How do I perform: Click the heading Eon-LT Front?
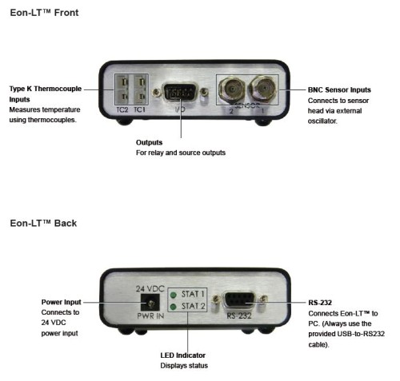[x=44, y=13]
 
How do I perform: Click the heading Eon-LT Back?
[x=43, y=223]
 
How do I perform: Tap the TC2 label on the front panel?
[x=122, y=109]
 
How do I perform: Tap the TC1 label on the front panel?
[x=139, y=109]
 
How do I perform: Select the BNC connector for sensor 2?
[x=232, y=89]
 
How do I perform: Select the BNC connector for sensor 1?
[x=263, y=88]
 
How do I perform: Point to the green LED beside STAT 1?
[x=174, y=295]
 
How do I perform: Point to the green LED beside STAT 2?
[x=174, y=307]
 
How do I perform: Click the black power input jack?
[x=150, y=302]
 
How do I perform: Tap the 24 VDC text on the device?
[x=150, y=288]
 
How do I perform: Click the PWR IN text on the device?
[x=150, y=316]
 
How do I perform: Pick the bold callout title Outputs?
[x=149, y=142]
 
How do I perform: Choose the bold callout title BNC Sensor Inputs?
[x=339, y=90]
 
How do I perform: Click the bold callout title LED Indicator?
[x=183, y=355]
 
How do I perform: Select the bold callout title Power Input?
[x=61, y=302]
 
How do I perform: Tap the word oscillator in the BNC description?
[x=322, y=121]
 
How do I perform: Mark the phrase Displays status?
[x=184, y=366]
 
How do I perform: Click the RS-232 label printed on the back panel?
[x=239, y=316]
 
